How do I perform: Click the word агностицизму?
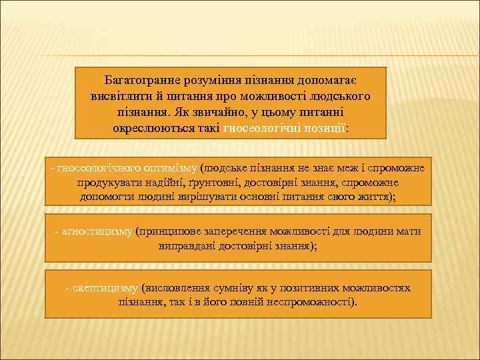[x=97, y=231]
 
